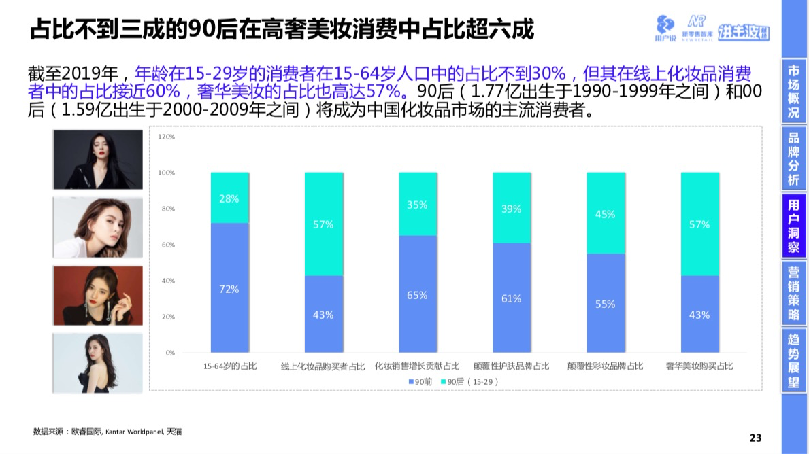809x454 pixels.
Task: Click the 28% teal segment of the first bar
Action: pos(229,198)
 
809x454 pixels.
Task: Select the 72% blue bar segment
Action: pos(229,288)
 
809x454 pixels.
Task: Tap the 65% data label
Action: pos(417,295)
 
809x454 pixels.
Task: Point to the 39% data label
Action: pos(511,209)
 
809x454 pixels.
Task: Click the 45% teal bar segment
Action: pos(605,213)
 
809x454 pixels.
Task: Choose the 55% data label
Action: pos(605,304)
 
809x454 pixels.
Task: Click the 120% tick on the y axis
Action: pos(167,137)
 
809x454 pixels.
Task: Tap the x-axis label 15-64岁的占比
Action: pos(230,366)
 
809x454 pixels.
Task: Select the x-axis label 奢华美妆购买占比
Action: pos(699,366)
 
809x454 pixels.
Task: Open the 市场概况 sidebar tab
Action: pos(793,92)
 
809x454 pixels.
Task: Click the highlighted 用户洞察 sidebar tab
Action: pos(793,226)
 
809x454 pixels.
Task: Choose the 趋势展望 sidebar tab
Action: pos(793,360)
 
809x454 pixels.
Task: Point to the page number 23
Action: pos(755,437)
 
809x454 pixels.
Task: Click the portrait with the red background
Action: pos(99,294)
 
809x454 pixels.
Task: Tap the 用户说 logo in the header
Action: pos(665,28)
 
